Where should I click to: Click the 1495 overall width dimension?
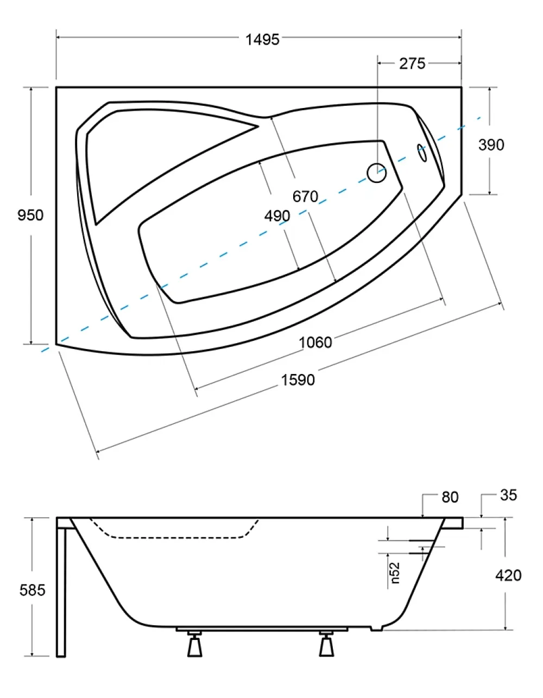(262, 40)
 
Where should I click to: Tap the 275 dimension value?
(412, 64)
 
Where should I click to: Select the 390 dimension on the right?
(491, 145)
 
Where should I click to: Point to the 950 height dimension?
(30, 215)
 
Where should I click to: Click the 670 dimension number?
(305, 196)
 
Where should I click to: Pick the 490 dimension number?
(277, 216)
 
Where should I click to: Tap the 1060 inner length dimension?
(315, 342)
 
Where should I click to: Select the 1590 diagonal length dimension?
(298, 380)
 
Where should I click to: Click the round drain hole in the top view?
(376, 173)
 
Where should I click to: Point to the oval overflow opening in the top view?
(422, 153)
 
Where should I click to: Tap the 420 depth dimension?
(508, 575)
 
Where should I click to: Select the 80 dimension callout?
(450, 498)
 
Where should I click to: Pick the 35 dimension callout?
(509, 495)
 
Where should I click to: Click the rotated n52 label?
(395, 573)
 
